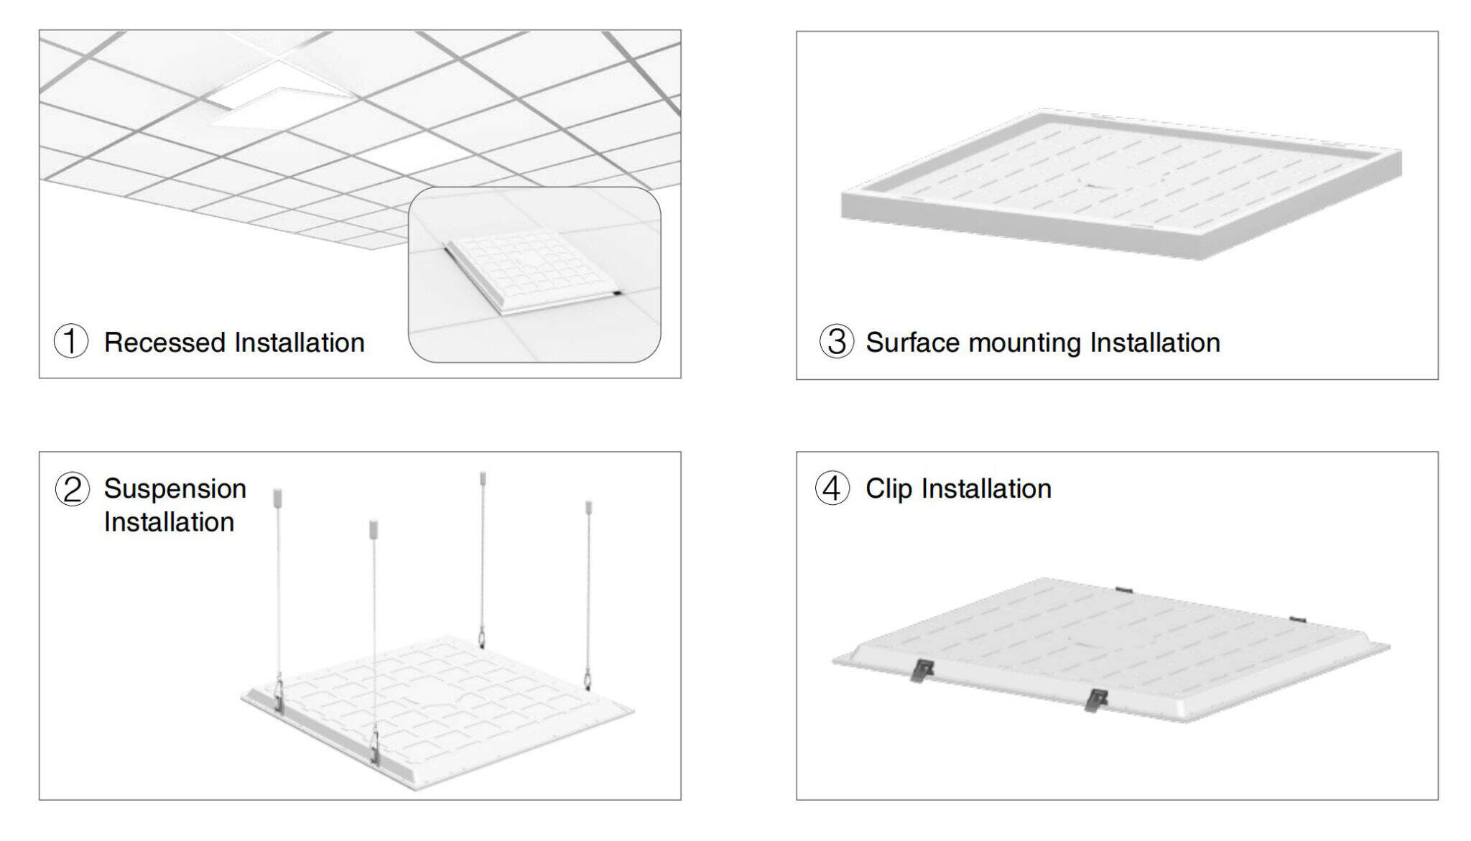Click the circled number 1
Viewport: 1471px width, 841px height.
pos(71,341)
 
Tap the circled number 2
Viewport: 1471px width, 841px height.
pos(73,489)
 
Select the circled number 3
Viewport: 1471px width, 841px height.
pos(837,341)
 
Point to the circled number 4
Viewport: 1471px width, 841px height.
pos(832,488)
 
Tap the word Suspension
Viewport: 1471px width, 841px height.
pos(175,489)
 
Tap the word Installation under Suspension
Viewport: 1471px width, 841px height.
pos(169,522)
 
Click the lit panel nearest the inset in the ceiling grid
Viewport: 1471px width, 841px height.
pos(413,152)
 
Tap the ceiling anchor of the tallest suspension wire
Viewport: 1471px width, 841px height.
pos(483,479)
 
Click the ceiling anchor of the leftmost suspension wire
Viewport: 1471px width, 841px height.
pos(278,497)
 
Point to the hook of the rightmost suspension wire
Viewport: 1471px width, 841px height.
pos(588,677)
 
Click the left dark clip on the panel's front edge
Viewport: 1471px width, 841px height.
pos(921,672)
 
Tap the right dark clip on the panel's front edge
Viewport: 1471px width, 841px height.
pos(1095,700)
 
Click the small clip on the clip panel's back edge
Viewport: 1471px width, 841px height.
pos(1124,590)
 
